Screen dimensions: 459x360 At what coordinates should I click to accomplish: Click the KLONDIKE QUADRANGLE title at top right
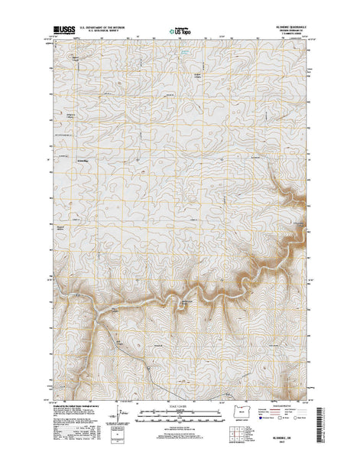[292, 26]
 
